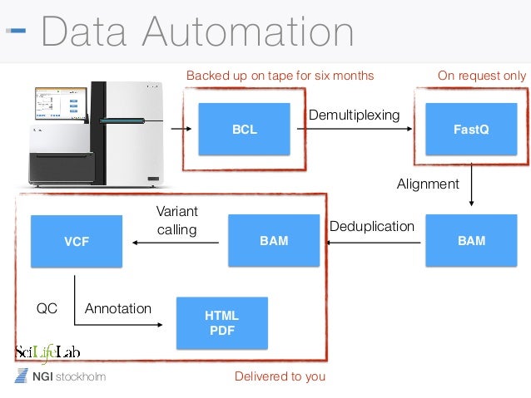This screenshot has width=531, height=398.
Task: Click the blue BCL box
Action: point(244,130)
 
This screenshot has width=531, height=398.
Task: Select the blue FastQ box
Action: point(471,130)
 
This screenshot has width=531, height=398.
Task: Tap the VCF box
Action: point(76,241)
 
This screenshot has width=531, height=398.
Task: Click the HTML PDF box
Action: point(221,322)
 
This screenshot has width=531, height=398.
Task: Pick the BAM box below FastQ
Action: point(471,241)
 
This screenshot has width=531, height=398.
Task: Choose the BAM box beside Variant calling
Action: point(274,241)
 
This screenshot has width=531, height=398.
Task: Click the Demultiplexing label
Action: point(355,115)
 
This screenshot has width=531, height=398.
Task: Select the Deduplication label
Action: point(372,226)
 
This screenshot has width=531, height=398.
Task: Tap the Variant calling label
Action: point(176,220)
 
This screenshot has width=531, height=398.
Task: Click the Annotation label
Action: point(118,308)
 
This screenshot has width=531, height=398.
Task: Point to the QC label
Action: point(47,308)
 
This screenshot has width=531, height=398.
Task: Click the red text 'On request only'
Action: point(481,76)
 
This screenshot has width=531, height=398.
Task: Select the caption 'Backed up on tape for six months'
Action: point(280,76)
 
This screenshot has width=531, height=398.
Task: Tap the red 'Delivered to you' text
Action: point(280,376)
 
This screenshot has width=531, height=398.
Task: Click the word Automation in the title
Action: point(249,31)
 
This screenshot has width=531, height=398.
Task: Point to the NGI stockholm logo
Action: point(61,377)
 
